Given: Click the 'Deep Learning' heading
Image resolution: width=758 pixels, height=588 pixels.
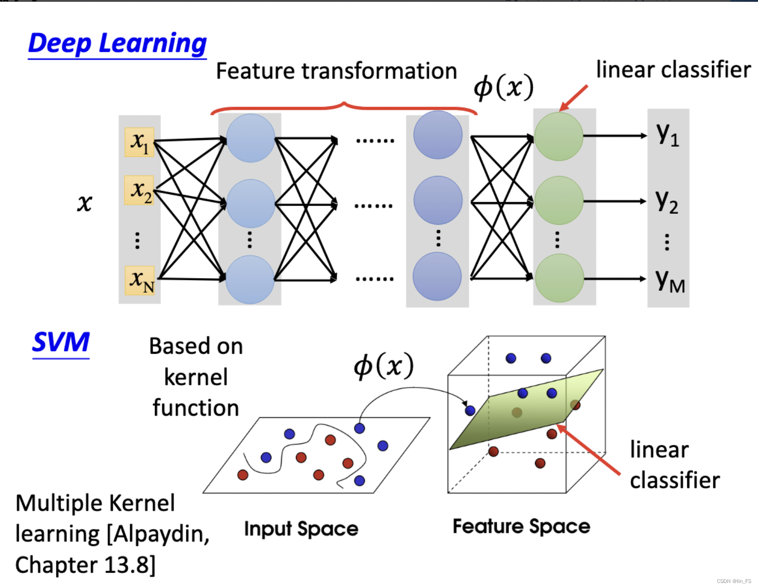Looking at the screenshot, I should coord(117,44).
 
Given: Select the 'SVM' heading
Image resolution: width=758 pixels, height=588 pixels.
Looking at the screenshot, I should coord(61,342).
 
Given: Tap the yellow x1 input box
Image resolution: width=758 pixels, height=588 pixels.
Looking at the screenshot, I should coord(139,142).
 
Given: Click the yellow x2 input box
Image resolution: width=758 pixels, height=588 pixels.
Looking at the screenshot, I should coord(139,190).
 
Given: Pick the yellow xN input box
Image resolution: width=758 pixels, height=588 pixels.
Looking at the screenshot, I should coord(140,280).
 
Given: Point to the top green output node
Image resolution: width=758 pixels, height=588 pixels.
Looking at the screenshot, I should coord(558,136).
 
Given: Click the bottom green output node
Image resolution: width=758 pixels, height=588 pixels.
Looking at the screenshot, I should coord(559,278).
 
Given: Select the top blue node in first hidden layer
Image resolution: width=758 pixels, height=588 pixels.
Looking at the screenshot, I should coord(250,138).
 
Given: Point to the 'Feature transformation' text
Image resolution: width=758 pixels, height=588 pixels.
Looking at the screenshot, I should coord(336,71).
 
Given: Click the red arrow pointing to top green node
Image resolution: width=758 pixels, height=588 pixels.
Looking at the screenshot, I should coord(573,98).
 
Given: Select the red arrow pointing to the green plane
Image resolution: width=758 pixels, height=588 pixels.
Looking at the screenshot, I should coord(588,449).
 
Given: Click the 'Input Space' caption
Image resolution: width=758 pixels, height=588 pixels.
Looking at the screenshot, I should coord(301,529).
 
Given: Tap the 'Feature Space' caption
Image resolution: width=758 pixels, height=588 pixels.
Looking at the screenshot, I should coord(521,526).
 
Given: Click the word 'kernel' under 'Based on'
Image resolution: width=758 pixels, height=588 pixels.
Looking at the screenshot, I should coord(196,377).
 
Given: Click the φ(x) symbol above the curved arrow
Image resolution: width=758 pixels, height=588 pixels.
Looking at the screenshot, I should coord(384,366).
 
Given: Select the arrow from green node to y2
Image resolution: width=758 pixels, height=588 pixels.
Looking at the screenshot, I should coord(614,201).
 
